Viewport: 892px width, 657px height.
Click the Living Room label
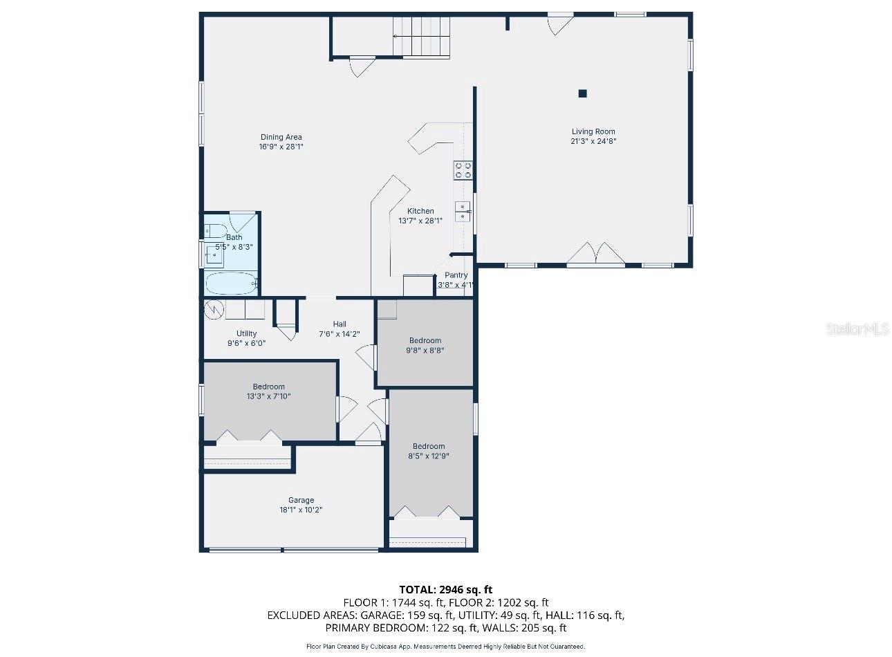tap(593, 131)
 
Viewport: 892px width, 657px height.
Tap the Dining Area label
tap(281, 137)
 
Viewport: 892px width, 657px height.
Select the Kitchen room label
tap(420, 211)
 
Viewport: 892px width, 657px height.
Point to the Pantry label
tap(456, 275)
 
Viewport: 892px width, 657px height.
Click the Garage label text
tap(301, 500)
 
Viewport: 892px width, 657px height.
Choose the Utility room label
tap(246, 333)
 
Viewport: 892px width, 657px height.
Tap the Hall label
tap(340, 324)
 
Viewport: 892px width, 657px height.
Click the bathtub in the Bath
tap(231, 283)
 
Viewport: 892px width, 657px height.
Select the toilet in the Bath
tap(216, 231)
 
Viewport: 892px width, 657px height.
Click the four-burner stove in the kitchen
tap(463, 170)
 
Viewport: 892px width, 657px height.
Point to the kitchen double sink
tap(463, 212)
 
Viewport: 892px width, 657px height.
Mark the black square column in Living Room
tap(583, 93)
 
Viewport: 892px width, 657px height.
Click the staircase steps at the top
tap(421, 37)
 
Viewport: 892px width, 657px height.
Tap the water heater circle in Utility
tap(214, 309)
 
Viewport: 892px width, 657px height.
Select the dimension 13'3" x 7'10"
tap(269, 396)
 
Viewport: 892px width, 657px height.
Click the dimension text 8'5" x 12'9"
tap(429, 456)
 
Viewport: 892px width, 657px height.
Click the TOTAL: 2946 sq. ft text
tap(445, 590)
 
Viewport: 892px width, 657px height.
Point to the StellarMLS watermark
tap(857, 329)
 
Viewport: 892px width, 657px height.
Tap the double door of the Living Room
tap(596, 253)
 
